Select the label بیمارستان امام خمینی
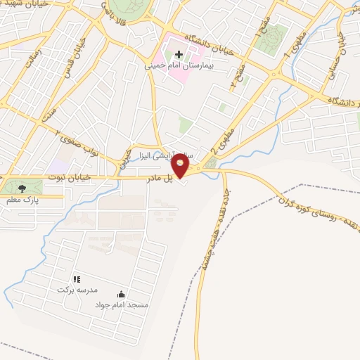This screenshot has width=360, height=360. pos(188,65)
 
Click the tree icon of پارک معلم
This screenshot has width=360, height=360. pos(21,187)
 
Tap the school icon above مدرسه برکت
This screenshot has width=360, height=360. pos(77,279)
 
